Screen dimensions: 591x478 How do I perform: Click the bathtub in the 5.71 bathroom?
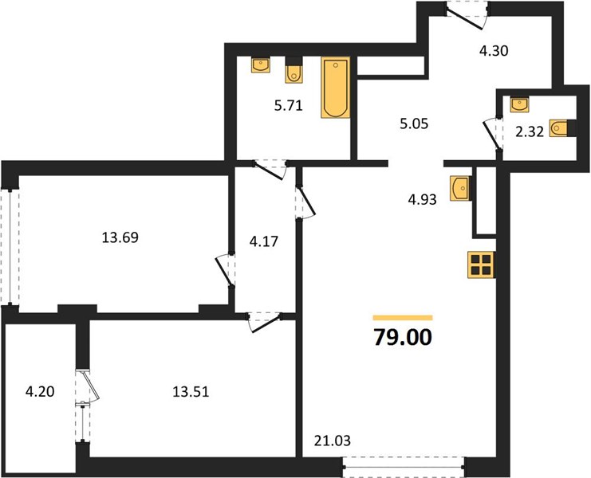(x=336, y=88)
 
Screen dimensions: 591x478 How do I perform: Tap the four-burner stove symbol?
(x=481, y=264)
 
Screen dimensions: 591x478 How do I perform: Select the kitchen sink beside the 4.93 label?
(x=460, y=188)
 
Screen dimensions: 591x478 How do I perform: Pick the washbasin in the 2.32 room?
(x=519, y=104)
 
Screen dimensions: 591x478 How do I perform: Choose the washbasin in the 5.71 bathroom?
(x=261, y=65)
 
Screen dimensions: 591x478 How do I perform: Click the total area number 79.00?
(x=403, y=337)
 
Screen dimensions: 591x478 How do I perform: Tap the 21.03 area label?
(x=332, y=440)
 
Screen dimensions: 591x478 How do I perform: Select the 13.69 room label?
(x=120, y=237)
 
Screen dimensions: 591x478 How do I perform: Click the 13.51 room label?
(x=191, y=392)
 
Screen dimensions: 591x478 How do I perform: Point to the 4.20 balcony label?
(x=40, y=392)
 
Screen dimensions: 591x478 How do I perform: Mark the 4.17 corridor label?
(x=264, y=241)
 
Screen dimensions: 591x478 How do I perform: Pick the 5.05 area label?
(x=414, y=123)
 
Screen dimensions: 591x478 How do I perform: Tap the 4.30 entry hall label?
(x=494, y=50)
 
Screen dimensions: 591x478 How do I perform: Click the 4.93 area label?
(x=422, y=199)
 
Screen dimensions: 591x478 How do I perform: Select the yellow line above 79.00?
(x=403, y=318)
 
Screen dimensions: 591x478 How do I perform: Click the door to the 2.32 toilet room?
(x=494, y=134)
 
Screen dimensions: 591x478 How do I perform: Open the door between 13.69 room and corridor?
(x=226, y=269)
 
